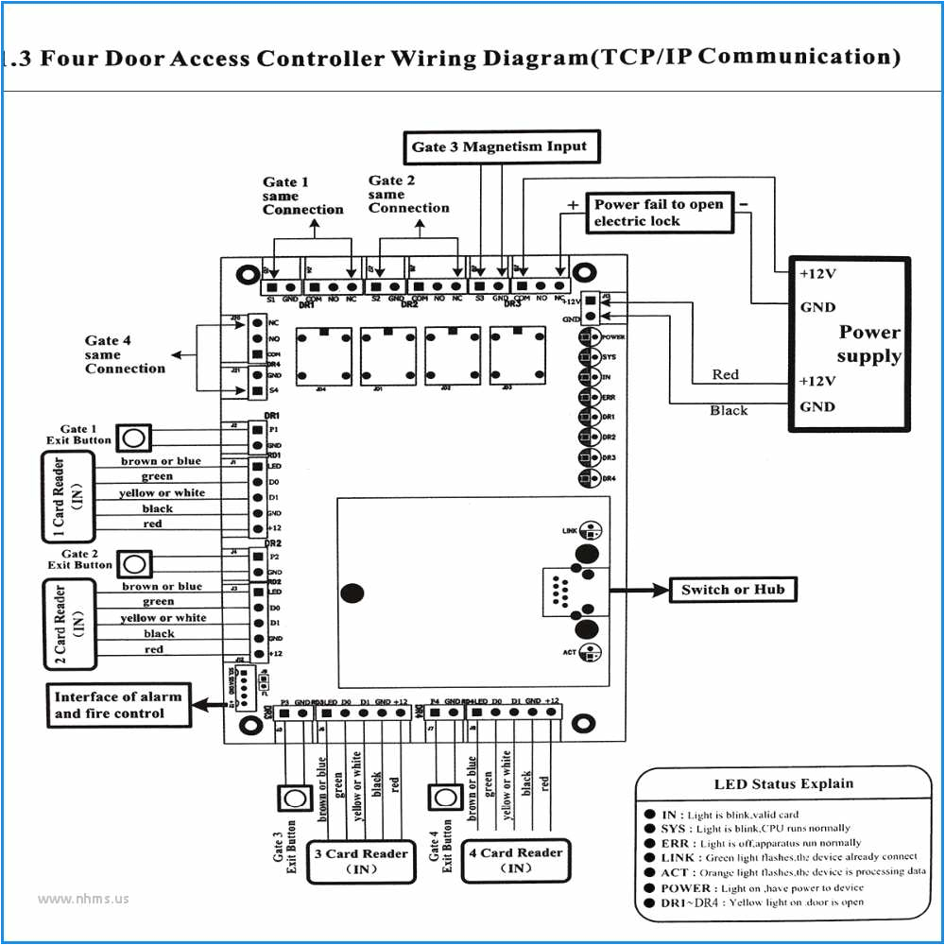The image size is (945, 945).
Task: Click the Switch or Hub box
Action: click(x=732, y=590)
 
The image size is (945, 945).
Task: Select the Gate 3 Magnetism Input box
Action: click(x=499, y=147)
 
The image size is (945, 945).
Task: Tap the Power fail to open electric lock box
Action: click(x=659, y=213)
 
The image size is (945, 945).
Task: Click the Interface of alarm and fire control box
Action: click(x=117, y=705)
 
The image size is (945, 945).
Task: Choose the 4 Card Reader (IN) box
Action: click(x=517, y=861)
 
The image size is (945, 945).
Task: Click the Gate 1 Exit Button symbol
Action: click(x=135, y=437)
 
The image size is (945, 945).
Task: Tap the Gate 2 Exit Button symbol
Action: click(x=135, y=564)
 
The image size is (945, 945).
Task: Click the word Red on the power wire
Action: click(x=726, y=375)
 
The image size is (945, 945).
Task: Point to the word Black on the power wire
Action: click(x=729, y=411)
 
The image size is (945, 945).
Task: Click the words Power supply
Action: click(x=869, y=345)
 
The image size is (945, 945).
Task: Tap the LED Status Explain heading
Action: click(x=783, y=783)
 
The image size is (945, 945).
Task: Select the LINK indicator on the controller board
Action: click(x=592, y=530)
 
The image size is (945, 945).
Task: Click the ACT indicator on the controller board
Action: click(x=592, y=652)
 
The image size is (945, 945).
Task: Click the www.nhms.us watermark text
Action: click(x=83, y=899)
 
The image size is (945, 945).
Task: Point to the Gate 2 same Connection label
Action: click(x=408, y=194)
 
